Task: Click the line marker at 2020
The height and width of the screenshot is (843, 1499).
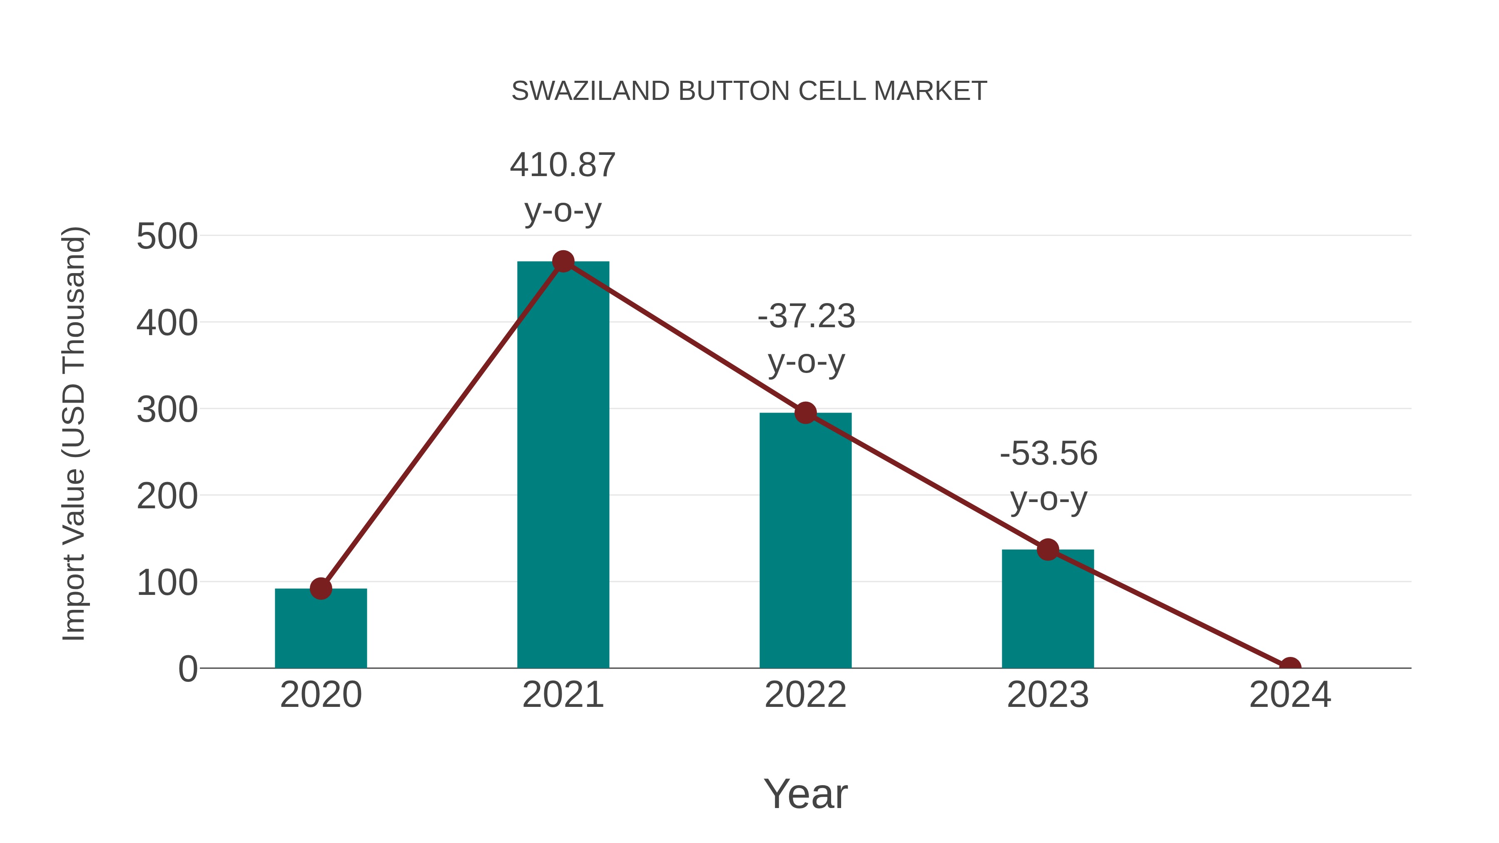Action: point(321,589)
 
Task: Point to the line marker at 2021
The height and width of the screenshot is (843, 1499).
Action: point(563,262)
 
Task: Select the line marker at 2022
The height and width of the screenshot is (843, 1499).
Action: point(805,413)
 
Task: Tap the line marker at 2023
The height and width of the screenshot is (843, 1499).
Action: point(1048,550)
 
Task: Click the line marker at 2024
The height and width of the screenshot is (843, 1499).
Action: point(1290,667)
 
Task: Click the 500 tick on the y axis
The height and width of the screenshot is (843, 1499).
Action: point(167,237)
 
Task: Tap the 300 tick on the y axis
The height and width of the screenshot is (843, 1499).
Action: point(167,410)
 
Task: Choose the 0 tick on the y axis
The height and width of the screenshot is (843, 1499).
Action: point(188,669)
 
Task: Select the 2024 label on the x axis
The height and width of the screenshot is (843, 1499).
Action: point(1290,695)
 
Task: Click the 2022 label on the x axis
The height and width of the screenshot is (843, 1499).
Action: point(805,695)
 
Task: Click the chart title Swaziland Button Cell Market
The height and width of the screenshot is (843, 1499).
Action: point(749,91)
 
